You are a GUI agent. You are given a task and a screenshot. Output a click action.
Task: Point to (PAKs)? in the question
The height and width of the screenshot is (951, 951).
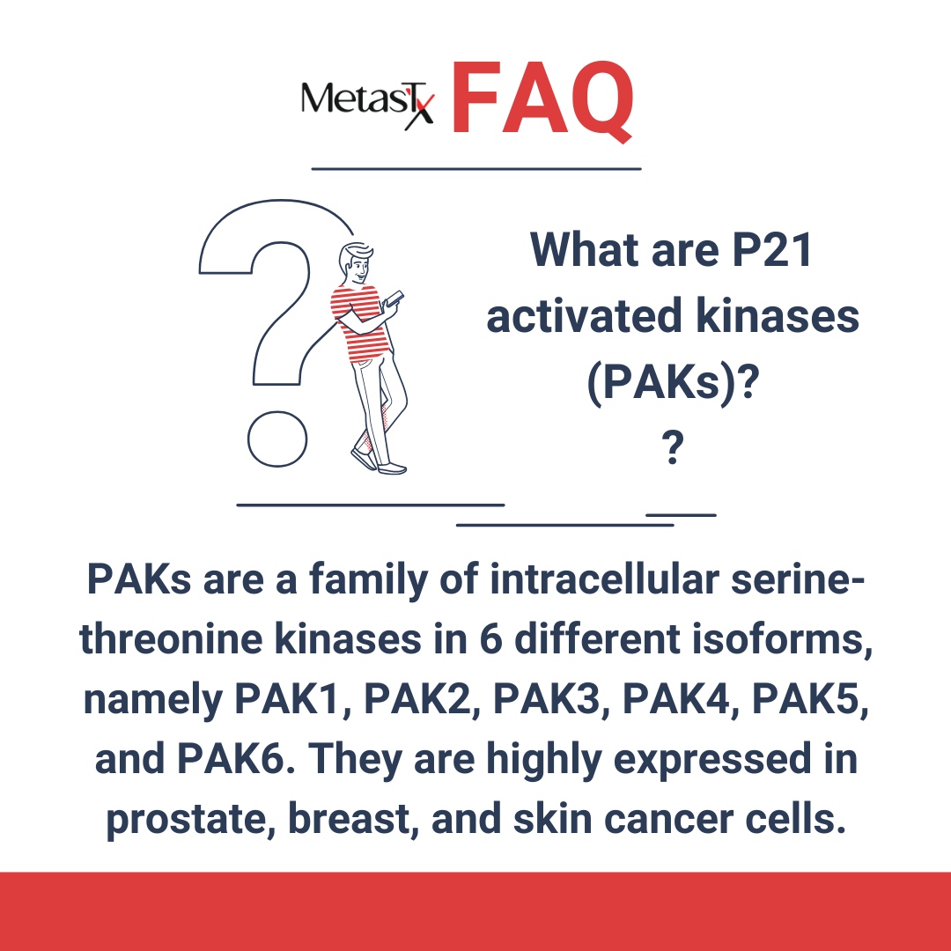673,385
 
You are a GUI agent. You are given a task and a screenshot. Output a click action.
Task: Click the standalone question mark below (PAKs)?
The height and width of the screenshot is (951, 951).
673,450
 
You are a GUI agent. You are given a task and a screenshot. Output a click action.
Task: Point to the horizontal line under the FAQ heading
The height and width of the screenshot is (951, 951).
476,167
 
